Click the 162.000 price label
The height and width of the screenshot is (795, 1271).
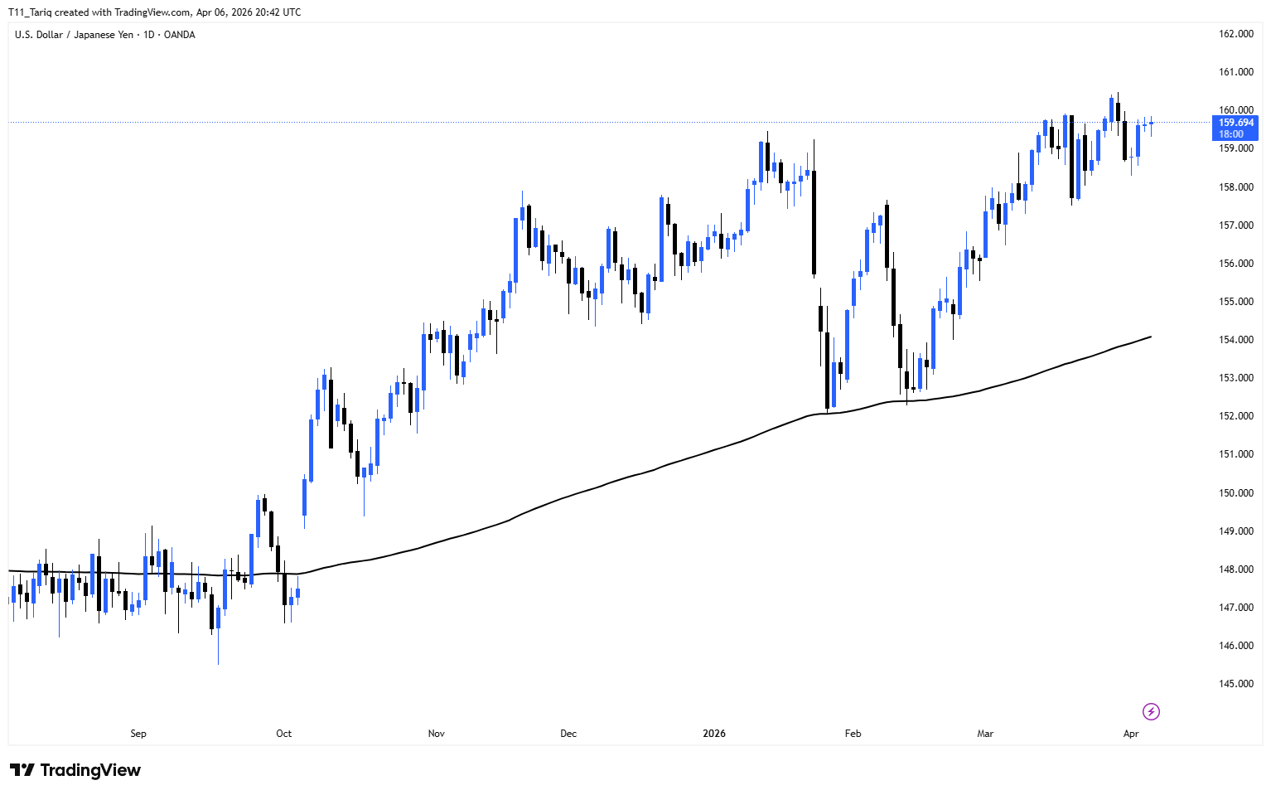pyautogui.click(x=1235, y=34)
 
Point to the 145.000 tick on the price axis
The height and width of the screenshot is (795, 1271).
pyautogui.click(x=1235, y=684)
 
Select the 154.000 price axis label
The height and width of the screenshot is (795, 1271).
pyautogui.click(x=1235, y=340)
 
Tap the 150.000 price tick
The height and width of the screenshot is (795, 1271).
pyautogui.click(x=1235, y=493)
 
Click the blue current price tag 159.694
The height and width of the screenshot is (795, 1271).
pyautogui.click(x=1235, y=123)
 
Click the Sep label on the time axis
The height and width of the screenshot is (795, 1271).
pyautogui.click(x=138, y=734)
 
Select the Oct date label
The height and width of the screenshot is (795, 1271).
pyautogui.click(x=284, y=734)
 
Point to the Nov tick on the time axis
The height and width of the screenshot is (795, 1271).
pyautogui.click(x=437, y=734)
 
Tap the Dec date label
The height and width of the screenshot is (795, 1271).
pyautogui.click(x=568, y=734)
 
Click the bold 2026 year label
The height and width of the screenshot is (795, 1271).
pyautogui.click(x=714, y=734)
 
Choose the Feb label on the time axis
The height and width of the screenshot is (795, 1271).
pyautogui.click(x=853, y=734)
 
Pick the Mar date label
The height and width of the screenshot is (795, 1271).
pyautogui.click(x=985, y=734)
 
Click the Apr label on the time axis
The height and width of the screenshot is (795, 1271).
pyautogui.click(x=1131, y=734)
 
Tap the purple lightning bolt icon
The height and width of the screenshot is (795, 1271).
pyautogui.click(x=1151, y=711)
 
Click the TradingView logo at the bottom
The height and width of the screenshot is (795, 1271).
pyautogui.click(x=75, y=770)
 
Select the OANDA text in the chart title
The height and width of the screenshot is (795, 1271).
pyautogui.click(x=180, y=35)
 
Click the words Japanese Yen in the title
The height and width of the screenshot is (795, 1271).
pyautogui.click(x=104, y=35)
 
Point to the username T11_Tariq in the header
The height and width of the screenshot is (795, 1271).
pyautogui.click(x=30, y=12)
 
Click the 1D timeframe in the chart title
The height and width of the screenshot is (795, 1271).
pyautogui.click(x=149, y=35)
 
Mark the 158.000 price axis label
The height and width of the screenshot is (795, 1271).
pyautogui.click(x=1235, y=187)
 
